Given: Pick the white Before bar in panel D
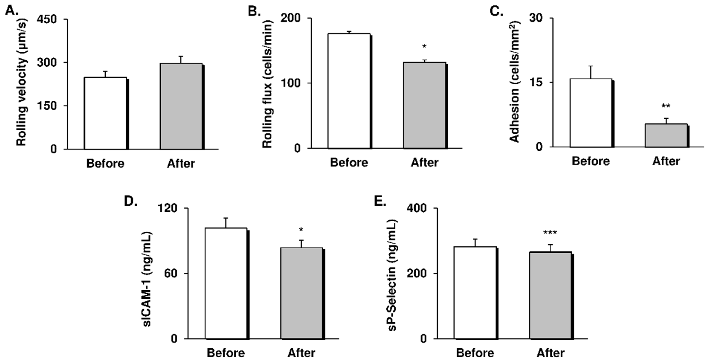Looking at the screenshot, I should pos(226,283).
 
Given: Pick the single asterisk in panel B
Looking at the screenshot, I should pos(424,47).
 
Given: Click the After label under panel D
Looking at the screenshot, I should pos(301,353).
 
